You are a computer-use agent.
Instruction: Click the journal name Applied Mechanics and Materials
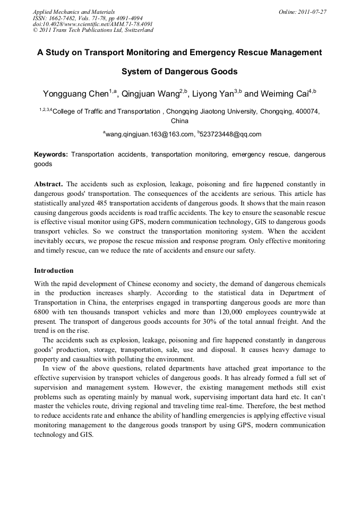[x=74, y=12]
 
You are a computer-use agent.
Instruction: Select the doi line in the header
[x=85, y=24]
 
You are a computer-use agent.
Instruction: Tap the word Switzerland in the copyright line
[x=136, y=30]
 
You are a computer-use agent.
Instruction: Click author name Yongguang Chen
[x=75, y=94]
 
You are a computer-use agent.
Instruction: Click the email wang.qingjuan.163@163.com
[x=150, y=135]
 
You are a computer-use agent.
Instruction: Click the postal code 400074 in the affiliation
[x=306, y=111]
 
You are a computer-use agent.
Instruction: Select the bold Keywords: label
[x=50, y=154]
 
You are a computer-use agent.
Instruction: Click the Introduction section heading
[x=54, y=271]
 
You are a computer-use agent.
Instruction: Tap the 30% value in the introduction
[x=186, y=322]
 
